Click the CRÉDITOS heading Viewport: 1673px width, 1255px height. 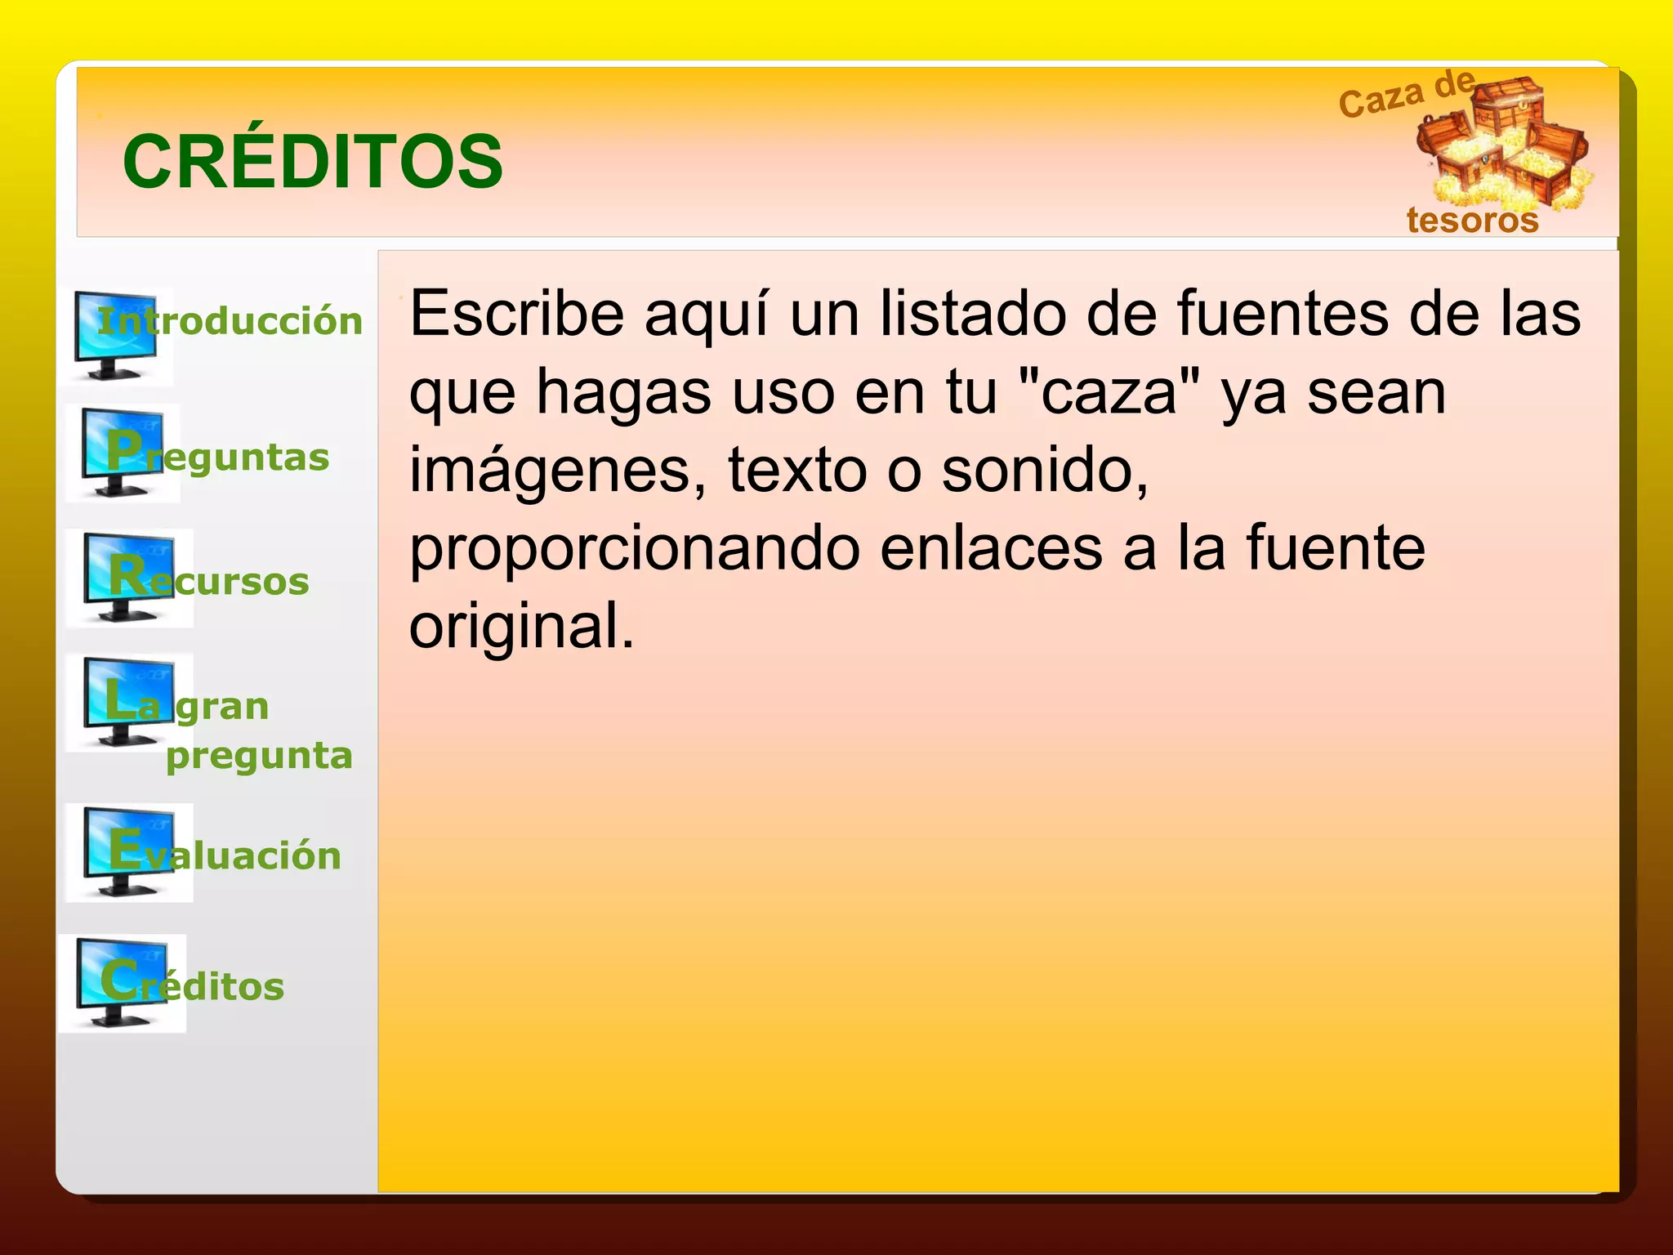tap(313, 162)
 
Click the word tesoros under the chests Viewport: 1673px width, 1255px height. tap(1472, 221)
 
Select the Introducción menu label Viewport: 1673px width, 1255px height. tap(230, 321)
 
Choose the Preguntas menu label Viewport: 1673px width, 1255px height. tap(218, 456)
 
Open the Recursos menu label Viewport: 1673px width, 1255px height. tap(210, 580)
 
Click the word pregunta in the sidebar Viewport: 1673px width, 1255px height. tap(259, 756)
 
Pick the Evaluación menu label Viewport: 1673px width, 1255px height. tap(225, 854)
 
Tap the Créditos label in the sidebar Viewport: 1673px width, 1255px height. tap(193, 985)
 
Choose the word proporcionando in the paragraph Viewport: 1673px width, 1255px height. tap(635, 549)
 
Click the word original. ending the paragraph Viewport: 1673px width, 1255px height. tap(522, 627)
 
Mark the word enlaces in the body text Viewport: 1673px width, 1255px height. tap(992, 549)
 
